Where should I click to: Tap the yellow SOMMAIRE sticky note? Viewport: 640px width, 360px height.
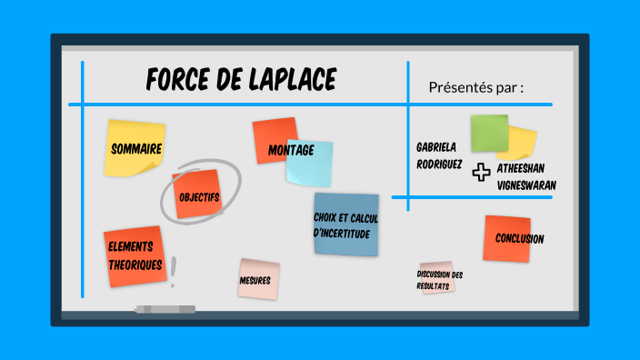135,149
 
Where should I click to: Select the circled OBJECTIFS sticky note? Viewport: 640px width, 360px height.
197,195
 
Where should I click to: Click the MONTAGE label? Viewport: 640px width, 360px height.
291,150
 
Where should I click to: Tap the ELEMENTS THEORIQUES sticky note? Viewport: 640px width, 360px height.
135,255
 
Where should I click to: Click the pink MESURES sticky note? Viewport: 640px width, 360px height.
258,280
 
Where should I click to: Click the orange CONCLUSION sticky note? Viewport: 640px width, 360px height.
507,239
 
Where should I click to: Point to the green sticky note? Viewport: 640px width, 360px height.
488,133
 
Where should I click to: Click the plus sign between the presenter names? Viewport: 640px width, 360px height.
482,172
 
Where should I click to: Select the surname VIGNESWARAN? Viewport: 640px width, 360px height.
526,185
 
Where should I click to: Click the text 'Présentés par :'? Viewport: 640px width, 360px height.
475,87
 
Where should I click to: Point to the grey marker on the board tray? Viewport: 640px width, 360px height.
165,309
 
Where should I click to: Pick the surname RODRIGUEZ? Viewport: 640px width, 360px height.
439,165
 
